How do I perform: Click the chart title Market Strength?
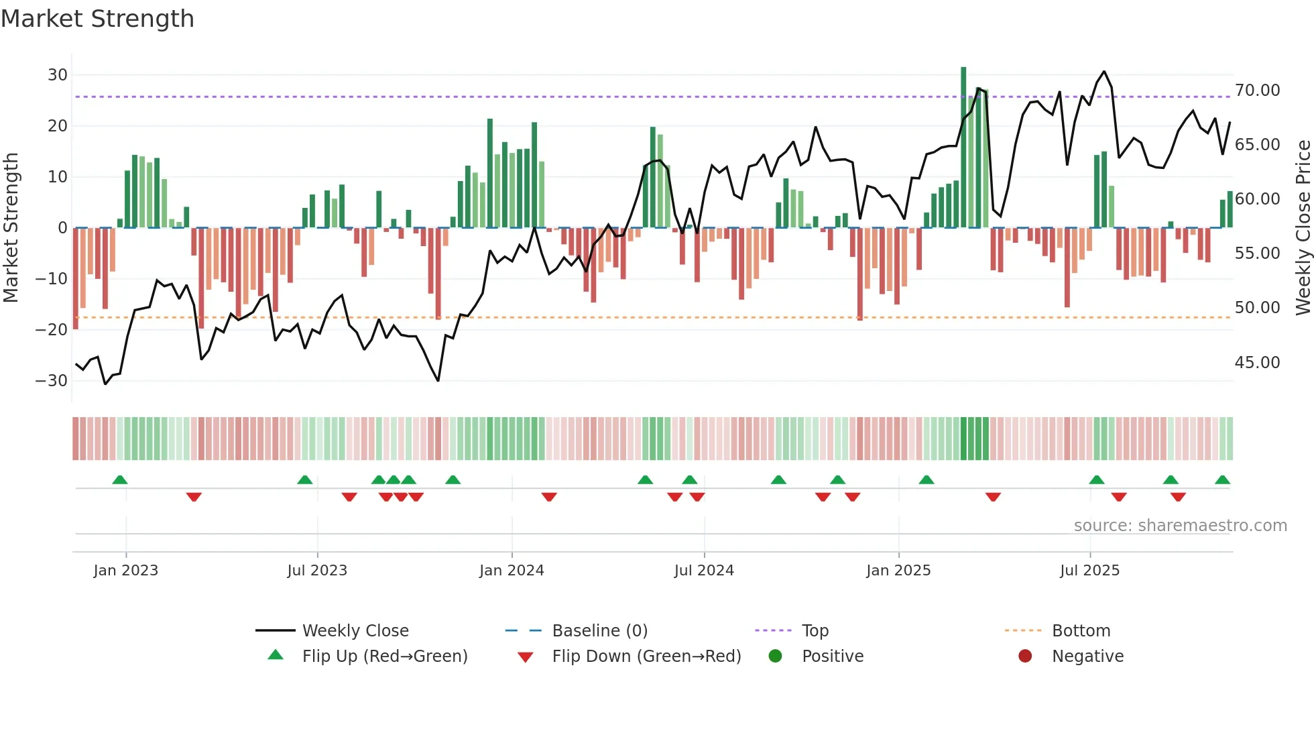(x=97, y=19)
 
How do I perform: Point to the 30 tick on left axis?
(x=58, y=75)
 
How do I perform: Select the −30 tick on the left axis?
(x=52, y=381)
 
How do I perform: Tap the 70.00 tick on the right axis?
(x=1258, y=91)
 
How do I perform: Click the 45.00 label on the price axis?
(x=1258, y=363)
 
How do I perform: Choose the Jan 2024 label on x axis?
(x=512, y=571)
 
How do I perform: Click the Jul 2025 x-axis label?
(x=1089, y=571)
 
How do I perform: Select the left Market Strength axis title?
(x=11, y=228)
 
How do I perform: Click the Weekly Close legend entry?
(x=355, y=631)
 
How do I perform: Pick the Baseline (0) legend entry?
(x=599, y=631)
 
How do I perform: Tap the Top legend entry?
(x=815, y=631)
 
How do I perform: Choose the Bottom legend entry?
(x=1081, y=631)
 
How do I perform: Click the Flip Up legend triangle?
(x=276, y=655)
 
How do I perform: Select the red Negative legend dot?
(x=1025, y=656)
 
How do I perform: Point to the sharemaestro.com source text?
(x=1180, y=526)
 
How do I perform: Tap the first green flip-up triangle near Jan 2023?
(x=120, y=479)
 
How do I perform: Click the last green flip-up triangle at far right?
(x=1222, y=479)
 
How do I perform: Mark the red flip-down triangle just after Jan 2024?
(x=549, y=497)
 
